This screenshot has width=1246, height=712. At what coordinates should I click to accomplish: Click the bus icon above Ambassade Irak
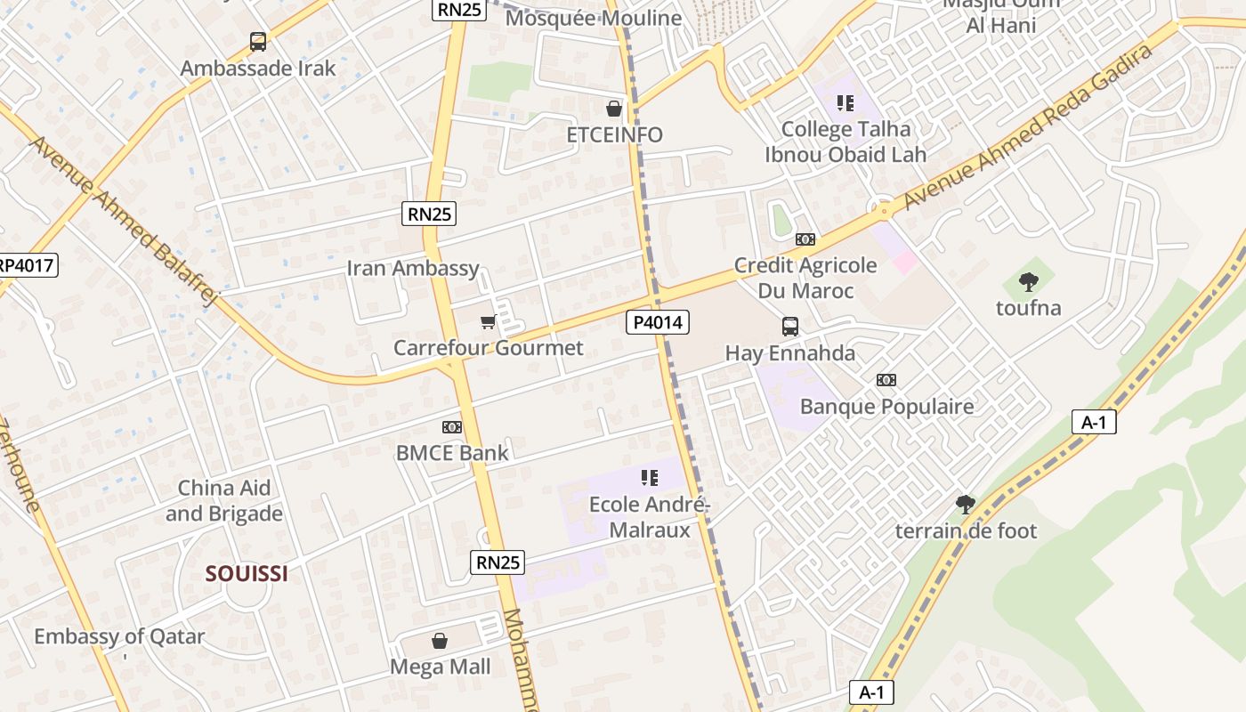click(258, 41)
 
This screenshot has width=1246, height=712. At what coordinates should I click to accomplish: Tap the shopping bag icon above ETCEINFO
click(614, 109)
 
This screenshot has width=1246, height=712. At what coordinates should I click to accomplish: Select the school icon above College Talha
click(845, 103)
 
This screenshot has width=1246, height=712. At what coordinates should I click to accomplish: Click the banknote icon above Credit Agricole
click(805, 239)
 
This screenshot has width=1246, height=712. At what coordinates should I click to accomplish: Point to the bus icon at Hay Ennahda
click(790, 327)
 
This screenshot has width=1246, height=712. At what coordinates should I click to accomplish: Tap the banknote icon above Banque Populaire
click(886, 380)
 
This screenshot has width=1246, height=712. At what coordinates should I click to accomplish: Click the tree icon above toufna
click(1029, 282)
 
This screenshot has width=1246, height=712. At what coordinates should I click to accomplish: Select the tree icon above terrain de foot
click(966, 505)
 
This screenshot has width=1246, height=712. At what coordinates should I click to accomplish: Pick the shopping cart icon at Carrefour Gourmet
click(488, 321)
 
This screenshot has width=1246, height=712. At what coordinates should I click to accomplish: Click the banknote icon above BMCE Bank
click(452, 427)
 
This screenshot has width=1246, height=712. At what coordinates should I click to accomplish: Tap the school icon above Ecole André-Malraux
click(651, 478)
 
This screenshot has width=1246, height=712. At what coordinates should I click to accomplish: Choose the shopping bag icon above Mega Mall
click(440, 641)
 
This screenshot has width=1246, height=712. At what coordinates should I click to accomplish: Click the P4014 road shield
click(658, 322)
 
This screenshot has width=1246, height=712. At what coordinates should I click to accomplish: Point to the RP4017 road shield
click(27, 264)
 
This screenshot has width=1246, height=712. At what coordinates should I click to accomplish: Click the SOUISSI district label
click(247, 574)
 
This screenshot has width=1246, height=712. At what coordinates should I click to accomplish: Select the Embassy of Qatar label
click(119, 637)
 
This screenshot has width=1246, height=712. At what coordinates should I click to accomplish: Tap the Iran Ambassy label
click(413, 268)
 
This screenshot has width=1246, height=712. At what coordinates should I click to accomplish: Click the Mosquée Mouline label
click(594, 18)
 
